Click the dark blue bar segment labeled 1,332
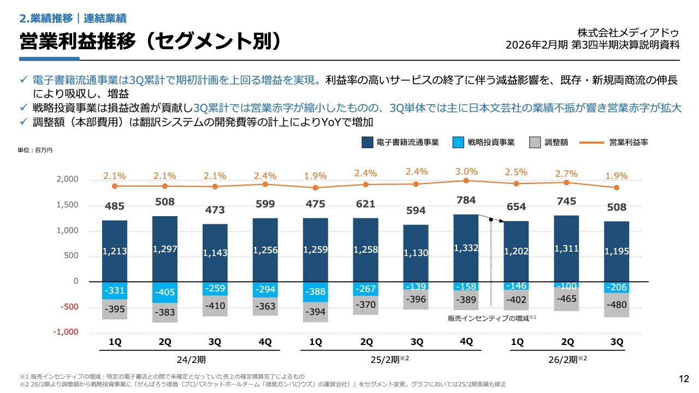(466, 248)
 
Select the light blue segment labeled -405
(165, 292)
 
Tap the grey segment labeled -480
(617, 305)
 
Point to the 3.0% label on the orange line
(466, 171)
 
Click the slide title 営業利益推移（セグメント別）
(150, 41)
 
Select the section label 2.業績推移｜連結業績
(73, 18)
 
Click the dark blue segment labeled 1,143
(215, 253)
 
